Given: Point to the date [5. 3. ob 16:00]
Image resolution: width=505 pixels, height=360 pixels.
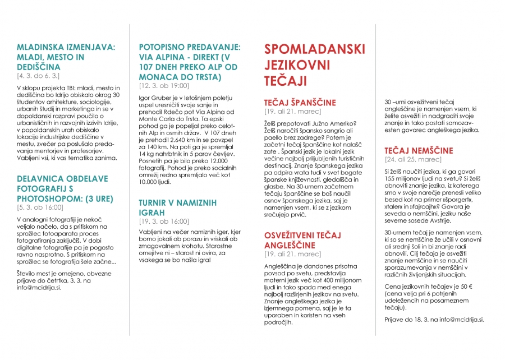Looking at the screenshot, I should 40,207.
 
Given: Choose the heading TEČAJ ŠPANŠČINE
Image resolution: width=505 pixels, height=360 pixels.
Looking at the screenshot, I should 300,103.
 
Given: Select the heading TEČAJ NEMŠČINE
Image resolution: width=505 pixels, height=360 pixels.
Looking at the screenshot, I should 419,150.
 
